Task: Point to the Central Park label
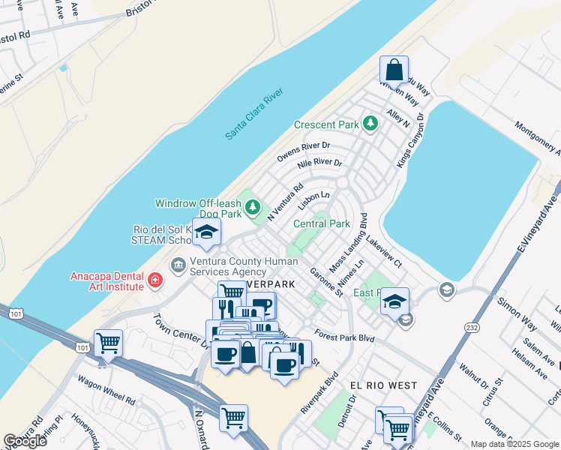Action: point(322,223)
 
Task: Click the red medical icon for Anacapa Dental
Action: point(155,280)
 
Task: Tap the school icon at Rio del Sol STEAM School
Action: point(206,232)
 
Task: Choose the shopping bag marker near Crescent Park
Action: point(394,70)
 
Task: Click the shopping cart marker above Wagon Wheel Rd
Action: point(109,343)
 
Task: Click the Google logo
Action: point(25,441)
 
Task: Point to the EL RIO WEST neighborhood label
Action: point(383,385)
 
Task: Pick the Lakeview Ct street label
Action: point(383,253)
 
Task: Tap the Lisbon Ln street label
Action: point(313,199)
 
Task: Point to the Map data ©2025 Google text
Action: point(514,444)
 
